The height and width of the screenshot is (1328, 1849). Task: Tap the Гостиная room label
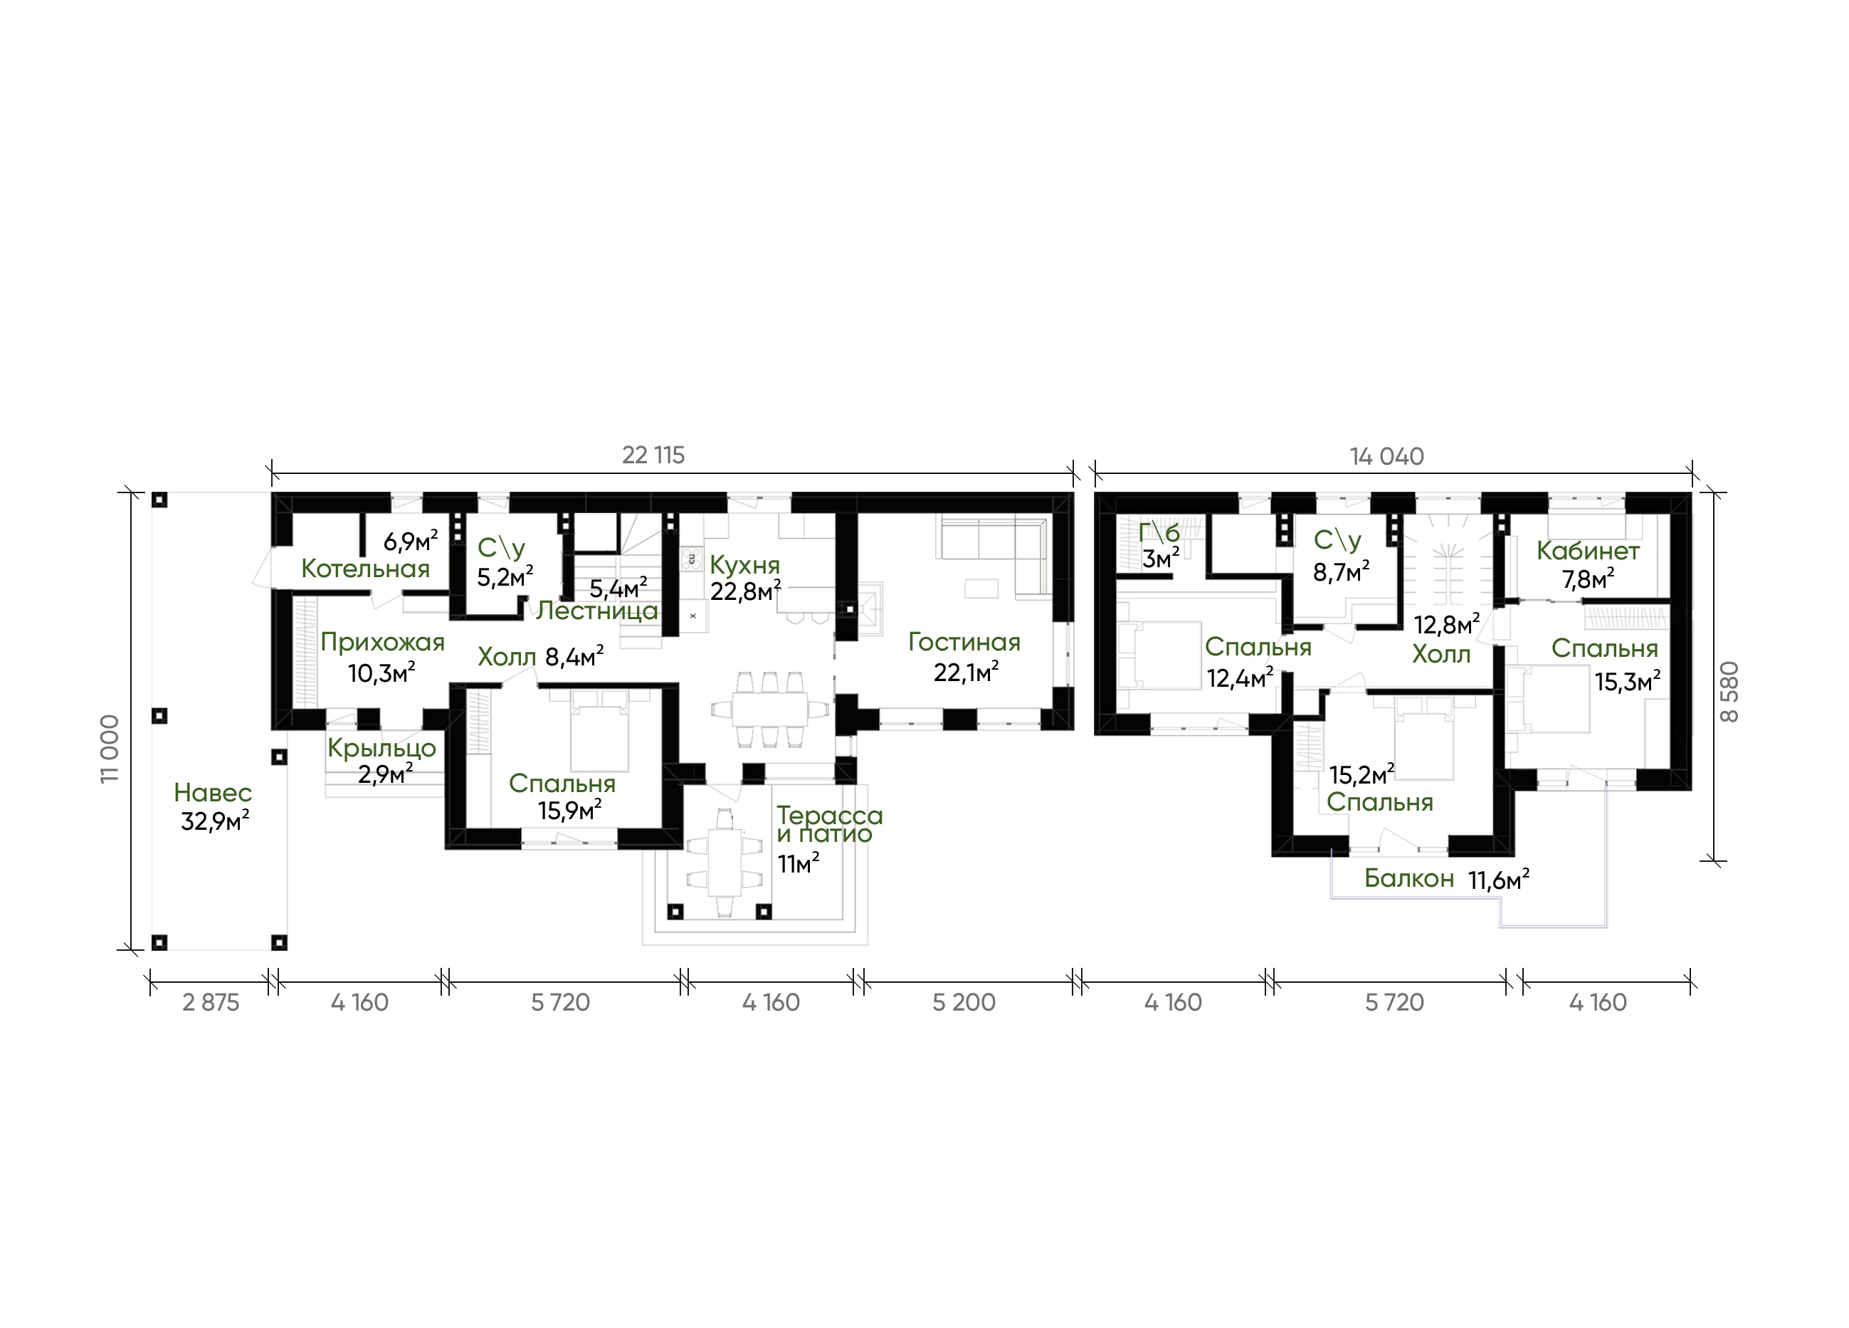[964, 643]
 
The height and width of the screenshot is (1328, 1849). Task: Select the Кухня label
[745, 564]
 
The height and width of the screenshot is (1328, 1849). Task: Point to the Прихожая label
[382, 643]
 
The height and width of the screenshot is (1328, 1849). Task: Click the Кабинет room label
[1588, 551]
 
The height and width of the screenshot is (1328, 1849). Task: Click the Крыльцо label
[381, 749]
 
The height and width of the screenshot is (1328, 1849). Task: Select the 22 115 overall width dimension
[653, 455]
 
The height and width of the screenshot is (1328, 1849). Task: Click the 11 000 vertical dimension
[109, 749]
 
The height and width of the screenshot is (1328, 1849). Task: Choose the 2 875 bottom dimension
[211, 1003]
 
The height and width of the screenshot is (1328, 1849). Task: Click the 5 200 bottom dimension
[964, 1003]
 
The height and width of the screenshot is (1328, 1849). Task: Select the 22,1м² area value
[966, 673]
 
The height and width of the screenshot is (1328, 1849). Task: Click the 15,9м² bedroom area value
[570, 811]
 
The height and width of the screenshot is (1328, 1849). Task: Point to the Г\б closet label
[1159, 532]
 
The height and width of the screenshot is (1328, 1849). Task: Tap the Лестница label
[597, 611]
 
